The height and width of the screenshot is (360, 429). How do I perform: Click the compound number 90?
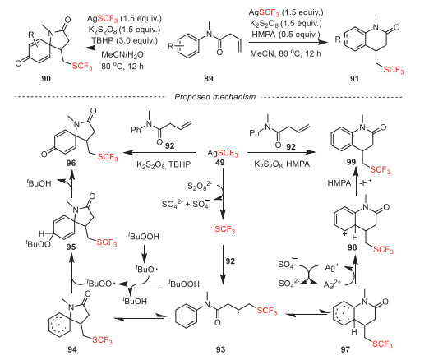(46, 79)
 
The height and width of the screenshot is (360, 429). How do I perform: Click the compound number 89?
(209, 79)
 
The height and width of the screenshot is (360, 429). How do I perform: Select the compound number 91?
(354, 79)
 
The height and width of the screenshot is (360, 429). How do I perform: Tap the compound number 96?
(71, 163)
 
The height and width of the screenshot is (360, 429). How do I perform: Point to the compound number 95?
(71, 247)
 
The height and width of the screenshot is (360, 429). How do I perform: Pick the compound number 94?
(72, 349)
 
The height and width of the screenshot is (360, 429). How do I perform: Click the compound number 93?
(220, 349)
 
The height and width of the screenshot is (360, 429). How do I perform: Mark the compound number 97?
(345, 349)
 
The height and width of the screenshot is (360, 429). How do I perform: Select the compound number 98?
(352, 247)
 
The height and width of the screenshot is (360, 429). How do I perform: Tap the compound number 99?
(351, 162)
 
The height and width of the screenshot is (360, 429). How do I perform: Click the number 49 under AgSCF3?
(219, 163)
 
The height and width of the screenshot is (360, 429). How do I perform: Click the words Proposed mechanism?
(215, 97)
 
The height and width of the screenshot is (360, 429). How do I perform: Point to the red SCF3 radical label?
(223, 229)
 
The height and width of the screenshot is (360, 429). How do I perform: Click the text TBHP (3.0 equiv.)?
(125, 40)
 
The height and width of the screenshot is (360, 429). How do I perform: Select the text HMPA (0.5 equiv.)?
(286, 35)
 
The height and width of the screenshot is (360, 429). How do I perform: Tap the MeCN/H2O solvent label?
(122, 54)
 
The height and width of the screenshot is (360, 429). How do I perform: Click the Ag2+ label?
(332, 284)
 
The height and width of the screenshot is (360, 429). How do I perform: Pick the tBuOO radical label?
(100, 284)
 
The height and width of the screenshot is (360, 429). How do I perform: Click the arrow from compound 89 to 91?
(288, 43)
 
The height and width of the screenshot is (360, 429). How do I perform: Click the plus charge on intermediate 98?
(345, 234)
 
